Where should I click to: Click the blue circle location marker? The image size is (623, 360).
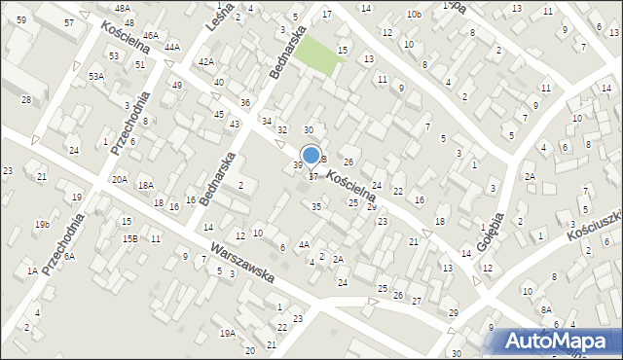tap(311, 155)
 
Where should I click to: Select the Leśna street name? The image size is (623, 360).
tap(218, 20)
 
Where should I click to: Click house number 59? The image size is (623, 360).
tap(21, 20)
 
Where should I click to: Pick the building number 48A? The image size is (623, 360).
tap(122, 8)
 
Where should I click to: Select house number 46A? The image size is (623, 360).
tap(150, 36)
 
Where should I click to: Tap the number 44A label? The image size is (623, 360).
tap(172, 47)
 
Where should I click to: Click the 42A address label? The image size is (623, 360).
tap(205, 61)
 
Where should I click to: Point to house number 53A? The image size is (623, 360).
tap(95, 76)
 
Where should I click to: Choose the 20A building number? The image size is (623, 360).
tap(119, 179)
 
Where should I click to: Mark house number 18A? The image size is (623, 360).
tap(145, 185)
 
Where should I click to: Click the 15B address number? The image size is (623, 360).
tap(130, 238)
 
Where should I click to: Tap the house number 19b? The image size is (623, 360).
tap(42, 225)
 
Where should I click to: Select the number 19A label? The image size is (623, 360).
tap(227, 333)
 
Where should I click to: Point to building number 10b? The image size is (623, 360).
tap(414, 14)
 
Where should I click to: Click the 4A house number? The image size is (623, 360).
tap(304, 245)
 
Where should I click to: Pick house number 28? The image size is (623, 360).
tap(26, 100)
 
